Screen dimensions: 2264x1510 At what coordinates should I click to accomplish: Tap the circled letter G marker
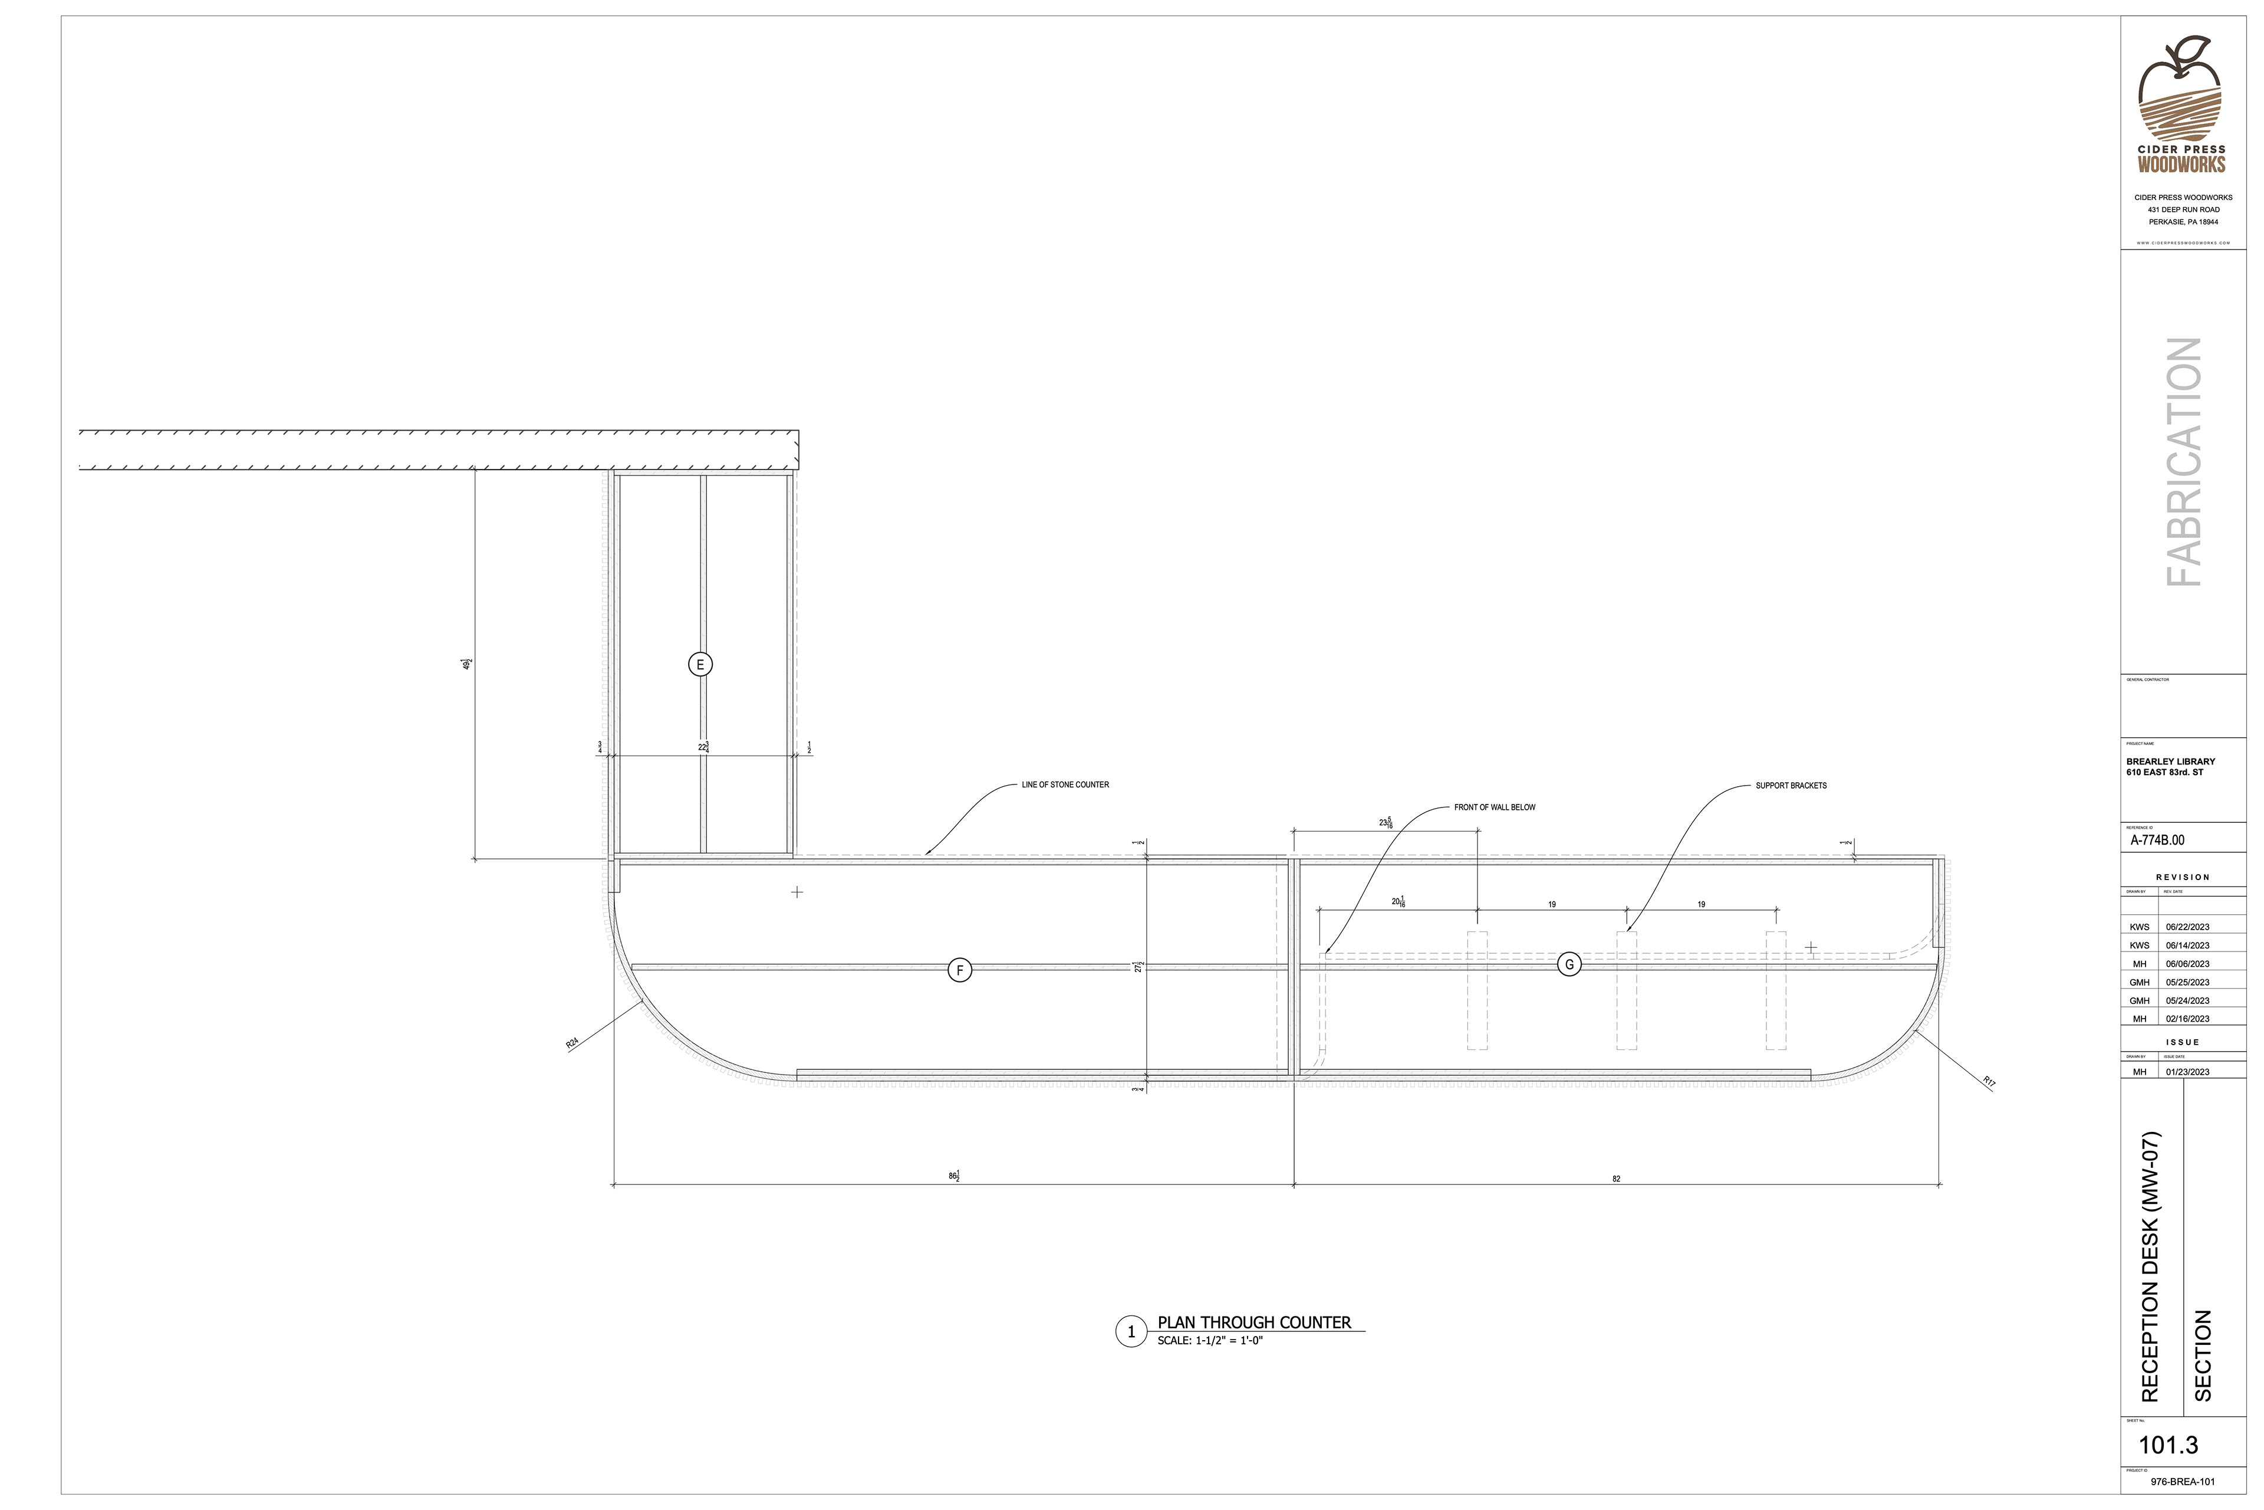[x=1569, y=964]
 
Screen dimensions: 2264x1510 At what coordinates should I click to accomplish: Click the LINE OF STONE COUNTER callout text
[x=1065, y=785]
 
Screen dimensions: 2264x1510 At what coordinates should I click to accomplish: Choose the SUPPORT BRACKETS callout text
[x=1791, y=786]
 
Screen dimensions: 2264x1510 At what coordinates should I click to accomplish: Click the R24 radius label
[x=572, y=1043]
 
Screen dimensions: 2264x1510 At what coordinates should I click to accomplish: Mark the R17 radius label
[x=1990, y=1082]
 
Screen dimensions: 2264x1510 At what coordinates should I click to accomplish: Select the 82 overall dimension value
[x=1616, y=1179]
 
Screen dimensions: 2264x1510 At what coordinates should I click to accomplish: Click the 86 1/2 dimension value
[x=954, y=1176]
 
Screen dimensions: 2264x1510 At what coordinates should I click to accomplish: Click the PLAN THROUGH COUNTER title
[x=1253, y=1323]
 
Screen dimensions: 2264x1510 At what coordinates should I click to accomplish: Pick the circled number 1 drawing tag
[x=1131, y=1332]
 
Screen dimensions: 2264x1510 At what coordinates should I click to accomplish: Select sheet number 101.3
[x=2168, y=1446]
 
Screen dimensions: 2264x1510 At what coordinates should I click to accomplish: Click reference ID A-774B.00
[x=2157, y=840]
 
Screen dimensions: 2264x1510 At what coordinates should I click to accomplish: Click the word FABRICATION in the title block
[x=2183, y=462]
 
